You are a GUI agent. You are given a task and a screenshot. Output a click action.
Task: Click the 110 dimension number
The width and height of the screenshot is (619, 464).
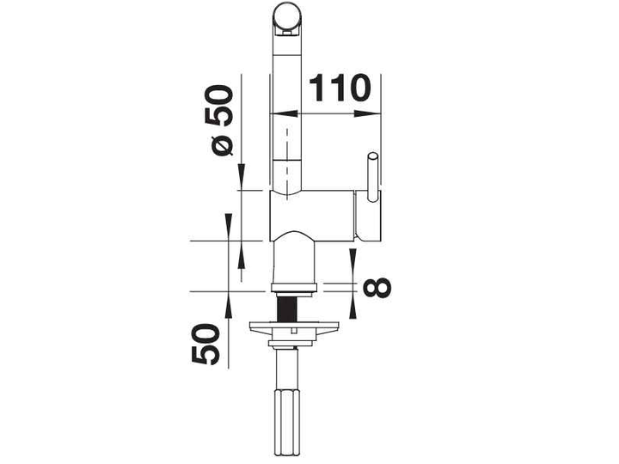[340, 88]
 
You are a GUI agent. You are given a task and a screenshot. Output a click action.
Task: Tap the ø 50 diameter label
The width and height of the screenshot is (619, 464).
[223, 120]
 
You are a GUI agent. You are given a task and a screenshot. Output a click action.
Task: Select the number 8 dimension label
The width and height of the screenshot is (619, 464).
[377, 286]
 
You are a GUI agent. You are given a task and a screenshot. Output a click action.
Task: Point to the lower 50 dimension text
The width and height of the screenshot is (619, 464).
[205, 344]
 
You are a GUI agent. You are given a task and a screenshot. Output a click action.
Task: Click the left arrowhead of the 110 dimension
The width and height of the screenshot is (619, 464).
[285, 113]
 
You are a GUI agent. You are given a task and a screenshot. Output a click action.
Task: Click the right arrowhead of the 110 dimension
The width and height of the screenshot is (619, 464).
[366, 113]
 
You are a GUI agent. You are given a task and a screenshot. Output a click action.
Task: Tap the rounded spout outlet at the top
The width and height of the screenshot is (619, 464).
[288, 19]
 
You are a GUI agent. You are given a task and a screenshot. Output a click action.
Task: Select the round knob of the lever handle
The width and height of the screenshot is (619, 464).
[372, 156]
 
